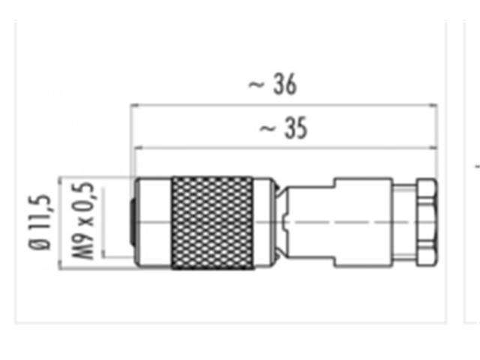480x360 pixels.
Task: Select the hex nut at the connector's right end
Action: pos(424,222)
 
